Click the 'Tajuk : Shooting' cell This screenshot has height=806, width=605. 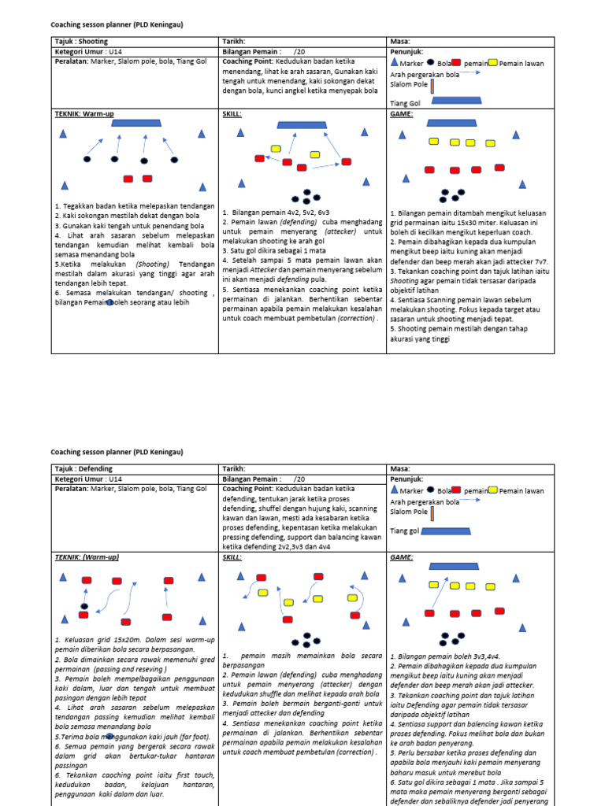pos(81,42)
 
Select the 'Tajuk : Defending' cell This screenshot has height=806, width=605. pos(84,469)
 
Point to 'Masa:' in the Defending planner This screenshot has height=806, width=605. pos(400,469)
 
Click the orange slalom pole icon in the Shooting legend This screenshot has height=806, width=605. pos(432,85)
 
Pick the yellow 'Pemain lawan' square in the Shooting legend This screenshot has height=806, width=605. pos(492,63)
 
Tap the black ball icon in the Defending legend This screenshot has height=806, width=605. pos(430,490)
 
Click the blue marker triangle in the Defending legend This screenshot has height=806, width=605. pos(395,490)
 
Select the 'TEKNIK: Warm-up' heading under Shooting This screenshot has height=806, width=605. pos(85,113)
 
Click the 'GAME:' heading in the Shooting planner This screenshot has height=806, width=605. pos(401,113)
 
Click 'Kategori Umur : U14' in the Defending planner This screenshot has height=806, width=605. pos(89,479)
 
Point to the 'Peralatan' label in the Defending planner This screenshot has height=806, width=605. pos(71,489)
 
